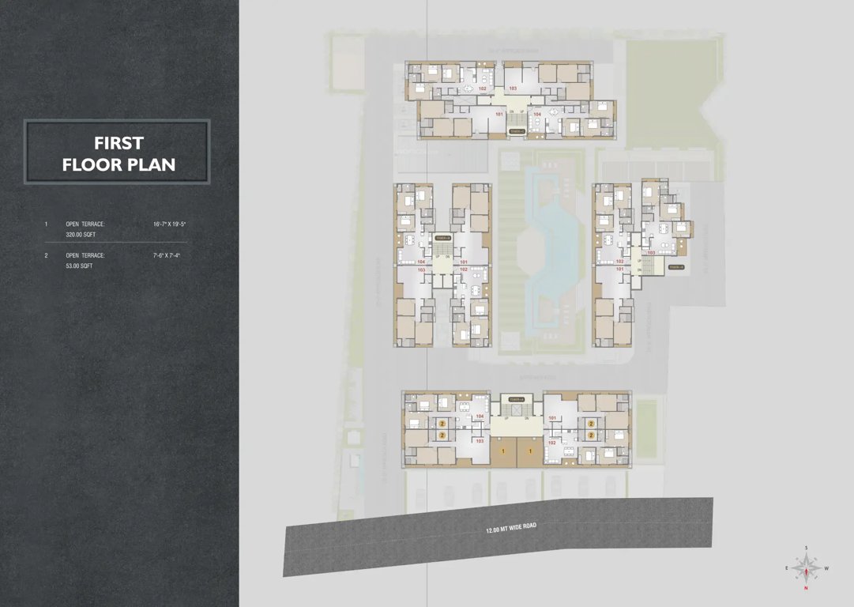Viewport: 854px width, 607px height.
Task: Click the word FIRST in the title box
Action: (118, 143)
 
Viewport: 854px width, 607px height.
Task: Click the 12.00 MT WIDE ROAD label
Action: (510, 527)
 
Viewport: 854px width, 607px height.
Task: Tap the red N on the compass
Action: (806, 588)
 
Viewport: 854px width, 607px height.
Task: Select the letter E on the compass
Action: (787, 568)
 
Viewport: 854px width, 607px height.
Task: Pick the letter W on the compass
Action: (826, 568)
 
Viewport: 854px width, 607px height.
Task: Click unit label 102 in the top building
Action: (482, 89)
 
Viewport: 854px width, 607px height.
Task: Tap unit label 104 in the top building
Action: (537, 115)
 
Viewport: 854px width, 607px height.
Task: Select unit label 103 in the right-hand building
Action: (651, 253)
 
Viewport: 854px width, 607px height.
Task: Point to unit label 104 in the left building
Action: (421, 261)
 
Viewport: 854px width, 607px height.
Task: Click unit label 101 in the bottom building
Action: (552, 417)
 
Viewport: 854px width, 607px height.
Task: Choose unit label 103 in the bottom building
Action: (480, 441)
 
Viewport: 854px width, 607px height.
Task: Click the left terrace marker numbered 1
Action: (503, 451)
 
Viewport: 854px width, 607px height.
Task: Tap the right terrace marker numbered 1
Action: (529, 451)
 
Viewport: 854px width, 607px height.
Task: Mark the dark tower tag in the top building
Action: (516, 130)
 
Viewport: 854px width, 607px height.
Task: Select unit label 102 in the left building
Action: (464, 270)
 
